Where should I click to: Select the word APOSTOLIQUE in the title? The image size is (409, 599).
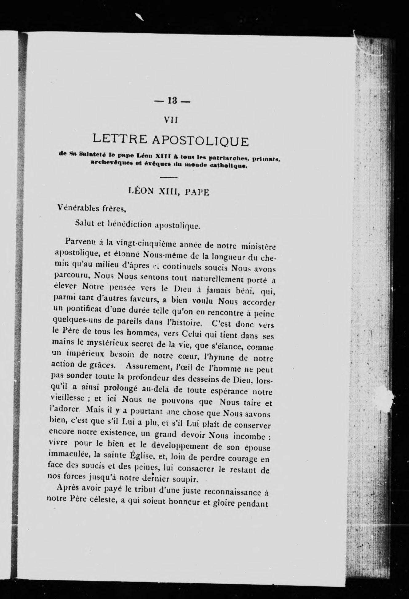(x=201, y=142)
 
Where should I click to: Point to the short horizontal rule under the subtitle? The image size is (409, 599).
(x=169, y=178)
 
